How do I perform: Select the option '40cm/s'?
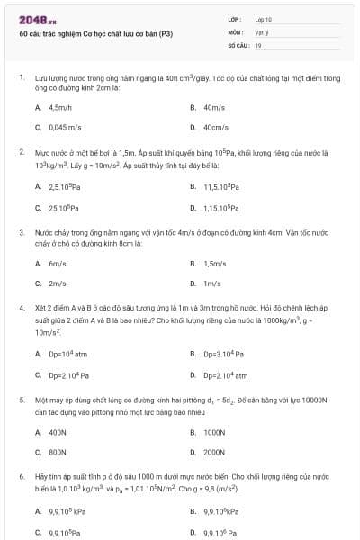pos(215,127)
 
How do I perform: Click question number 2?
pos(21,152)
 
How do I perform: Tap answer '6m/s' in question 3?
pos(58,263)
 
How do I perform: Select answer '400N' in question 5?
pos(58,431)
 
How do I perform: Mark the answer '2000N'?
pos(214,452)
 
